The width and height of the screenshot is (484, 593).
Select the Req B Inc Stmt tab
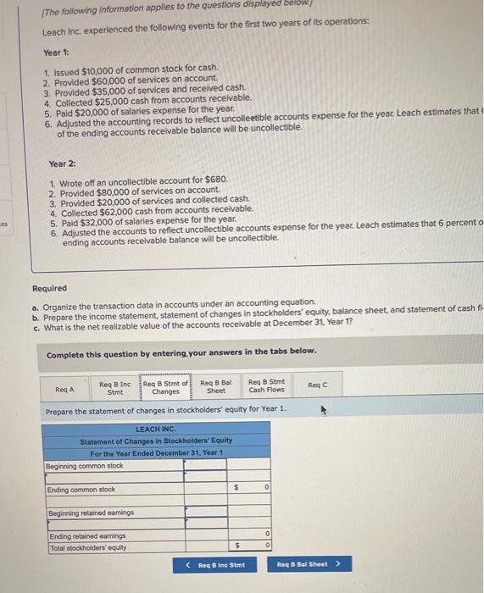click(x=114, y=387)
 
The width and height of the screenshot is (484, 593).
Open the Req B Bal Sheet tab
click(x=215, y=387)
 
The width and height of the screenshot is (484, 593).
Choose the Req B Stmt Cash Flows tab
click(x=266, y=387)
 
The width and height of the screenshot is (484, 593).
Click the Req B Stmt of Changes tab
click(x=165, y=387)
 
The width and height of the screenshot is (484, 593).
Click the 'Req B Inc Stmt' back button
click(x=215, y=564)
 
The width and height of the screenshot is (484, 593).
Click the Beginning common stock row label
click(x=85, y=466)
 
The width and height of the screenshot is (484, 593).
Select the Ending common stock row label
click(x=82, y=490)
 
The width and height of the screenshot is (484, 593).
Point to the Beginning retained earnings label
click(x=89, y=513)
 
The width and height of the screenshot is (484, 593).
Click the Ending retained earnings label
click(x=87, y=535)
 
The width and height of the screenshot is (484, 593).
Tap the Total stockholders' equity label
click(x=87, y=546)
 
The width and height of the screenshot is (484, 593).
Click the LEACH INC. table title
click(x=155, y=429)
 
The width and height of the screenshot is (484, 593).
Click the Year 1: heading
click(x=57, y=51)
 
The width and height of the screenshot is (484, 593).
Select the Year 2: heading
click(x=63, y=163)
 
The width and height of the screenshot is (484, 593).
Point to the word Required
click(x=49, y=288)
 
